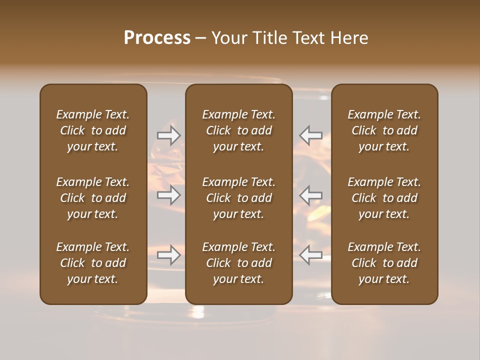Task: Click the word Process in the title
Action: (157, 38)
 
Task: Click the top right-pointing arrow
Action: (168, 135)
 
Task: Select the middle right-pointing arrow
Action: (168, 194)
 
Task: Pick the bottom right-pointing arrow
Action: (168, 255)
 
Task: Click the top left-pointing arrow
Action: (310, 135)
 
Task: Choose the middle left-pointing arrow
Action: (310, 194)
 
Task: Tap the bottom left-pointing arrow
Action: (310, 255)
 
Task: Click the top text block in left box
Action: (93, 130)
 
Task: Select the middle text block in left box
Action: (93, 198)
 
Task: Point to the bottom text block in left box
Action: (93, 263)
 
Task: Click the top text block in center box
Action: (238, 130)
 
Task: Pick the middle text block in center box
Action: (238, 198)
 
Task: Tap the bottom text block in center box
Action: (238, 263)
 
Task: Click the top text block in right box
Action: (384, 130)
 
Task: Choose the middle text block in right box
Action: (384, 198)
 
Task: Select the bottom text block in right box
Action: (384, 263)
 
